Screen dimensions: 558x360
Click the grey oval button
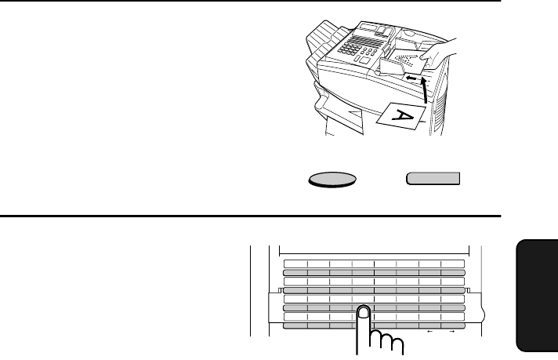[x=332, y=180]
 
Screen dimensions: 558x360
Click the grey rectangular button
[x=433, y=178]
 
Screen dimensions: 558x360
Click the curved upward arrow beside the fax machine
[x=425, y=90]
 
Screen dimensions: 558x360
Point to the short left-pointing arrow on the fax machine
[x=411, y=78]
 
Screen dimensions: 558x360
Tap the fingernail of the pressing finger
[x=364, y=312]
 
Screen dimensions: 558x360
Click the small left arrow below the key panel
[x=430, y=332]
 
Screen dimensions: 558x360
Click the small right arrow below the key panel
[x=452, y=332]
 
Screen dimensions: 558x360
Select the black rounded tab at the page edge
[x=537, y=296]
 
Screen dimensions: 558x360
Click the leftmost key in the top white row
[x=295, y=264]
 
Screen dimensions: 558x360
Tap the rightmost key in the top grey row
[x=453, y=273]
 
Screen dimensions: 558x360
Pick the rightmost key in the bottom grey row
[x=453, y=325]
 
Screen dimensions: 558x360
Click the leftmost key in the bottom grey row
[x=295, y=325]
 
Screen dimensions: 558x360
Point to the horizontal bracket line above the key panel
[x=375, y=254]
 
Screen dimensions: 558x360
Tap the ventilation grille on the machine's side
[x=440, y=107]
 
